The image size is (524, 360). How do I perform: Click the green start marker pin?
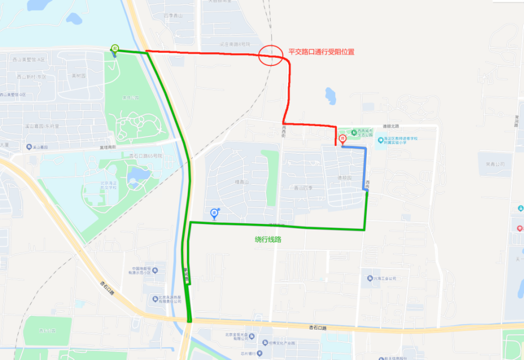(115, 48)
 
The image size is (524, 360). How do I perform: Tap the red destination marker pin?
(343, 139)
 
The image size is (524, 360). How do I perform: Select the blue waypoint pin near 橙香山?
(214, 213)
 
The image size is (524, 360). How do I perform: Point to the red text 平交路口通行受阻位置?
(321, 52)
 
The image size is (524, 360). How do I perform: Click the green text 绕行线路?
(271, 239)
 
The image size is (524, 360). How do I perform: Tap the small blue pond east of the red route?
(330, 96)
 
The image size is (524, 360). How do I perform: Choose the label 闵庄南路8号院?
(235, 44)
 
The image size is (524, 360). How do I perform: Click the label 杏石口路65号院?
(146, 156)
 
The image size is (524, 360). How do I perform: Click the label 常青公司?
(495, 163)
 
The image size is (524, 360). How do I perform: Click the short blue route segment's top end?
(343, 147)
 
